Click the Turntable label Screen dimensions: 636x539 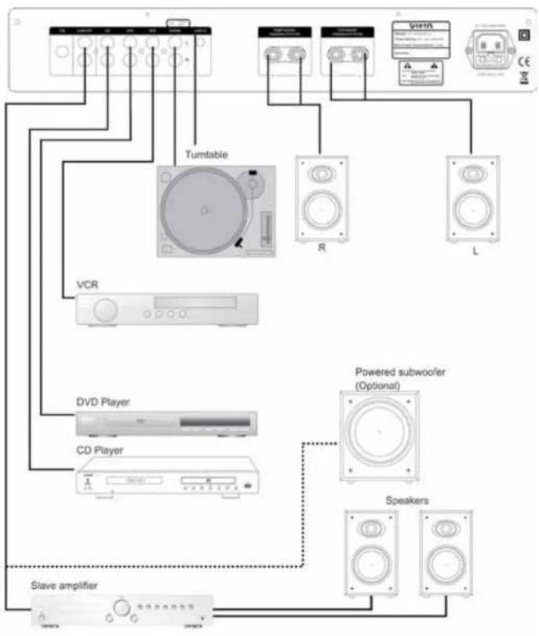pos(206,154)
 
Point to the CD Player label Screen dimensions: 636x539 pos(99,450)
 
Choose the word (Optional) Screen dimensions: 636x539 pos(378,386)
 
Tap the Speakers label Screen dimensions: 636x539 pos(406,499)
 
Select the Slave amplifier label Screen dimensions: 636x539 pos(66,585)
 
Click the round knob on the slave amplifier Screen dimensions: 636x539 pos(122,608)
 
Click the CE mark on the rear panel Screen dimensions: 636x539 pos(524,56)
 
